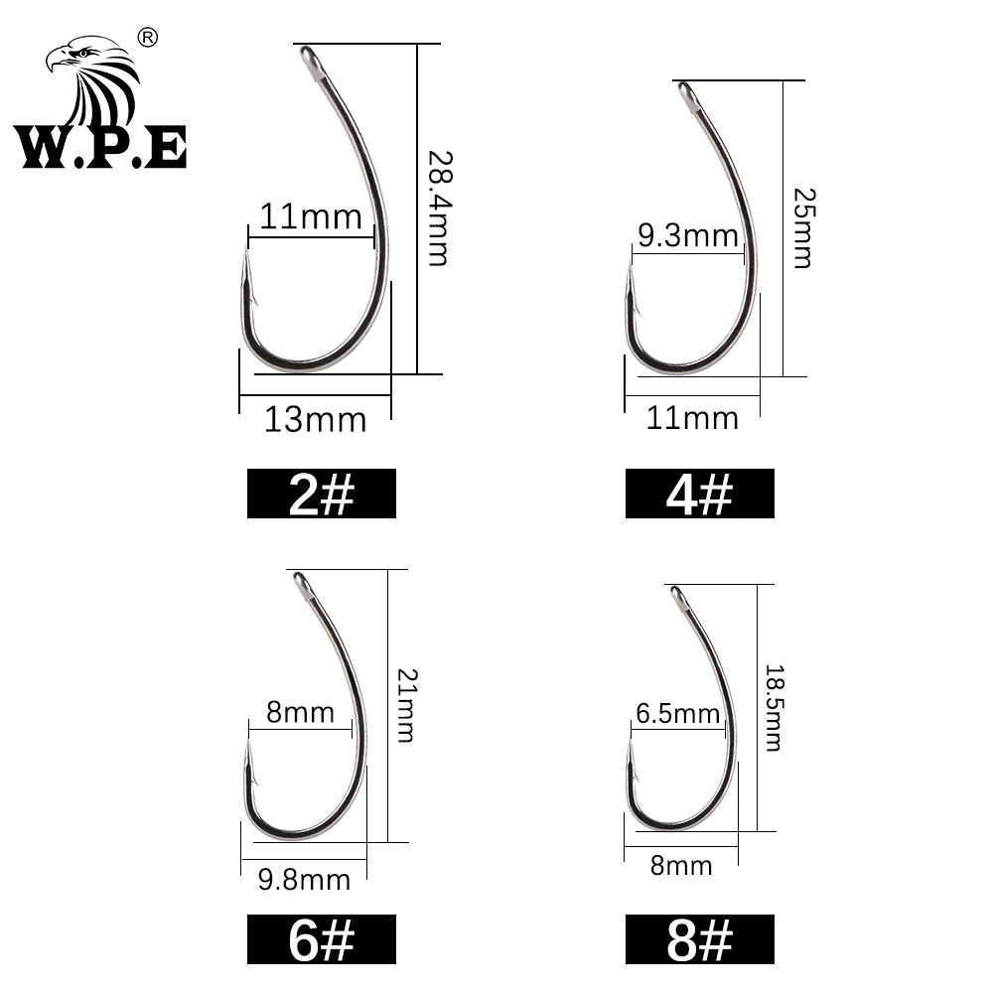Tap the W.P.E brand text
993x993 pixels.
pyautogui.click(x=100, y=147)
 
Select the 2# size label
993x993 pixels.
pyautogui.click(x=321, y=494)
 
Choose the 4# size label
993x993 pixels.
pyautogui.click(x=699, y=494)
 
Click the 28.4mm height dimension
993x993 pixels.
pyautogui.click(x=438, y=208)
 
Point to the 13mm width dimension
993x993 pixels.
pyautogui.click(x=315, y=420)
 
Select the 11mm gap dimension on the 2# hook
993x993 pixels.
pyautogui.click(x=311, y=215)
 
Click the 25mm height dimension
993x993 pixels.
pyautogui.click(x=800, y=229)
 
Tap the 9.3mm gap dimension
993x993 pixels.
pyautogui.click(x=688, y=236)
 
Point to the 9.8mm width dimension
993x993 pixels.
pyautogui.click(x=304, y=879)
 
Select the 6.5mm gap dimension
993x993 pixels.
pyautogui.click(x=679, y=713)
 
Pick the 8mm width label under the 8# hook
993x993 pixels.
pyautogui.click(x=681, y=866)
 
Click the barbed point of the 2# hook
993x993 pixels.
pyautogui.click(x=245, y=266)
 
